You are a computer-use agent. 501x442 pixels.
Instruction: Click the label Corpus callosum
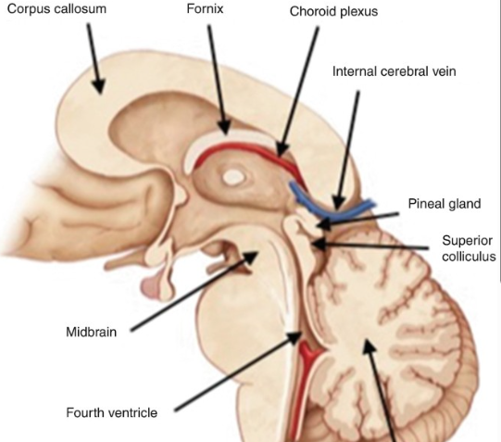coord(56,9)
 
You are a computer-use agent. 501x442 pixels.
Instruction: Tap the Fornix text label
coord(205,8)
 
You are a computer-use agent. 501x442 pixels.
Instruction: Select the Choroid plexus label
coord(333,11)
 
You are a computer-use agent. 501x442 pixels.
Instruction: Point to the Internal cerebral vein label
coord(394,71)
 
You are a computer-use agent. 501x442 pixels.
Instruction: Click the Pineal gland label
coord(445,204)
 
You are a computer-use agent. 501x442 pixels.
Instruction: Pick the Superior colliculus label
coord(469,248)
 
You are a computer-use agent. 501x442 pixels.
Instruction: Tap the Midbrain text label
coord(91,332)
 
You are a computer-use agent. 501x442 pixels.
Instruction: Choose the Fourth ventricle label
coord(111,412)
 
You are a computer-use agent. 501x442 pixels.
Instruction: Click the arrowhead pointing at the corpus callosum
coord(99,86)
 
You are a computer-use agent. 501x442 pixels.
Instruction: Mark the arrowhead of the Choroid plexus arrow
coord(282,149)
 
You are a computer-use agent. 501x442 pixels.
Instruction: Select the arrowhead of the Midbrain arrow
coord(251,257)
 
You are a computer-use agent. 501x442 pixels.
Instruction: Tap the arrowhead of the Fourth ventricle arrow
coord(294,337)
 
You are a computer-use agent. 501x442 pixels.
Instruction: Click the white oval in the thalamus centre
coord(232,177)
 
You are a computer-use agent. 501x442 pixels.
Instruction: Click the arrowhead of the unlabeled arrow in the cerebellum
coord(368,347)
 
